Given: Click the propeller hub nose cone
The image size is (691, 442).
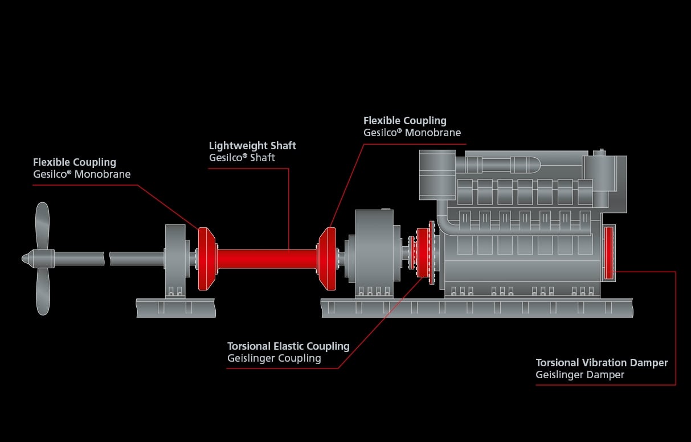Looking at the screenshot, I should [26, 258].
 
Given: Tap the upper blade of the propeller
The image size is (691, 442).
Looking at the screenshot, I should [43, 225].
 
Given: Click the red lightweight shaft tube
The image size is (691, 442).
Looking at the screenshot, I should [265, 259].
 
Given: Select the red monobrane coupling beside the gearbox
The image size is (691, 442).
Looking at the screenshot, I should [328, 259].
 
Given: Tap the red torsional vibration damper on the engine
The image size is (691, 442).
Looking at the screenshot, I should [608, 253].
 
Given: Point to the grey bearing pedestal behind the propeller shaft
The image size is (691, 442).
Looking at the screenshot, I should [175, 259].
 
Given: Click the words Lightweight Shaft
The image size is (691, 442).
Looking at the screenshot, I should [252, 145].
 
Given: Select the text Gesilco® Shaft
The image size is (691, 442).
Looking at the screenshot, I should [242, 158].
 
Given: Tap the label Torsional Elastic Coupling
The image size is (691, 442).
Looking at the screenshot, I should [288, 346].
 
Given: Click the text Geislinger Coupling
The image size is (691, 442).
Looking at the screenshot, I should [274, 359].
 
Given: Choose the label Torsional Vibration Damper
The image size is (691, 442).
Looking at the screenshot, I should [602, 363].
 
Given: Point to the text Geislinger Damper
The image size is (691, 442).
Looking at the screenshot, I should [580, 375].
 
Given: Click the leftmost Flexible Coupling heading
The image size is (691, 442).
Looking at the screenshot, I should [75, 162].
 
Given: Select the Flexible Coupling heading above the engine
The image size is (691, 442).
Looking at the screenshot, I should [405, 121].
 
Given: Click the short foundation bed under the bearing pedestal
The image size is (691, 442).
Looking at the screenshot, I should [175, 308].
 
